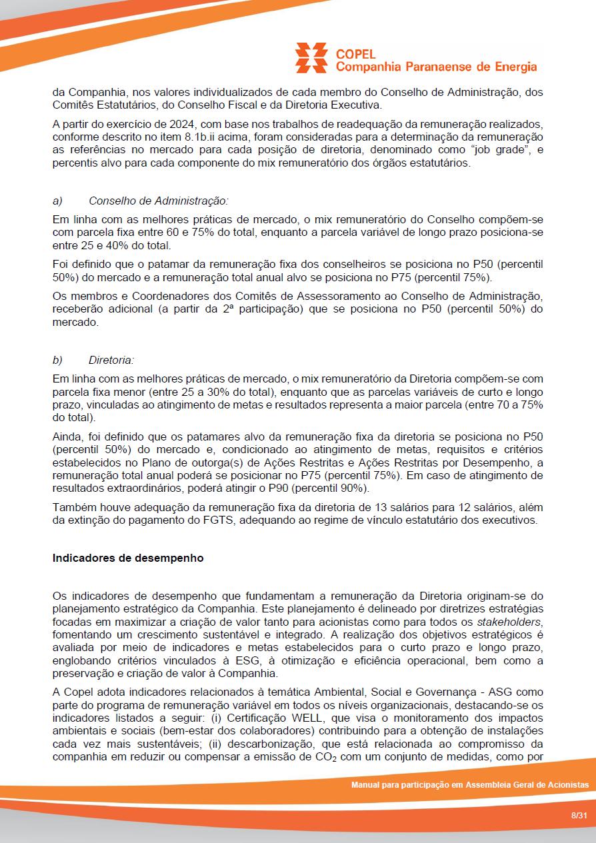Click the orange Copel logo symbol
[311, 58]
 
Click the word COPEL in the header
[356, 54]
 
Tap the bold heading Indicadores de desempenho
[128, 558]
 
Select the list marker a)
[57, 201]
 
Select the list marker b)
[57, 361]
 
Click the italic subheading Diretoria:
[111, 361]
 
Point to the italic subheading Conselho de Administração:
[158, 201]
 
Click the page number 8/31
[579, 816]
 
